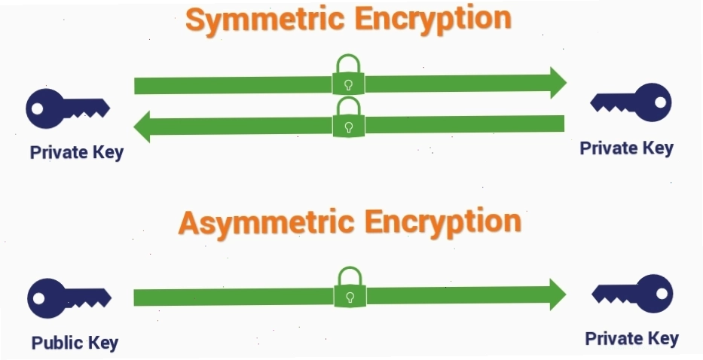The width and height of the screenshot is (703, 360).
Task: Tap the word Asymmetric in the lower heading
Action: [x=266, y=223]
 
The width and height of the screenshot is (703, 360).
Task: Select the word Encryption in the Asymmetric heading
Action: [x=443, y=222]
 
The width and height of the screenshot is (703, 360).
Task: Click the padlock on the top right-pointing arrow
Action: [x=348, y=75]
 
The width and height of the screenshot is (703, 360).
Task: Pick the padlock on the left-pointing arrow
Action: [x=349, y=117]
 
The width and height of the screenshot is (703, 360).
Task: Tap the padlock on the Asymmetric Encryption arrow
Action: [x=350, y=287]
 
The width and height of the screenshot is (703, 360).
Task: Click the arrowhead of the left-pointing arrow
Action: [x=142, y=127]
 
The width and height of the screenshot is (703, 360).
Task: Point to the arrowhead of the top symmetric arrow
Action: [x=558, y=83]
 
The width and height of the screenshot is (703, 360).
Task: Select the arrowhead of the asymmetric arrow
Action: [x=558, y=294]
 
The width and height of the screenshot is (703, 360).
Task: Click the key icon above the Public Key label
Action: [x=69, y=298]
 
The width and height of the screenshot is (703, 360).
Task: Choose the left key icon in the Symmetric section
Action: [x=68, y=108]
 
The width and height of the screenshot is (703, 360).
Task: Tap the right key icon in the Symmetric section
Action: [x=631, y=102]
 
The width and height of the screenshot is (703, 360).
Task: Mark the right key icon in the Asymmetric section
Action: [x=632, y=294]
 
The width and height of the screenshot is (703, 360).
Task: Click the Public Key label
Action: [x=75, y=343]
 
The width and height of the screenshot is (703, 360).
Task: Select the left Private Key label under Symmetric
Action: [x=77, y=152]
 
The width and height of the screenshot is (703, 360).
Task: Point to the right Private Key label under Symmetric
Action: [x=627, y=148]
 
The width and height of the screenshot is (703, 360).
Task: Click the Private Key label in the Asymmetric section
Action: [x=631, y=338]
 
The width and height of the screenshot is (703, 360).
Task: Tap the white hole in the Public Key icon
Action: [x=39, y=298]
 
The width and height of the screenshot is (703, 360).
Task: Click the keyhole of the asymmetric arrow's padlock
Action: [x=350, y=297]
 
